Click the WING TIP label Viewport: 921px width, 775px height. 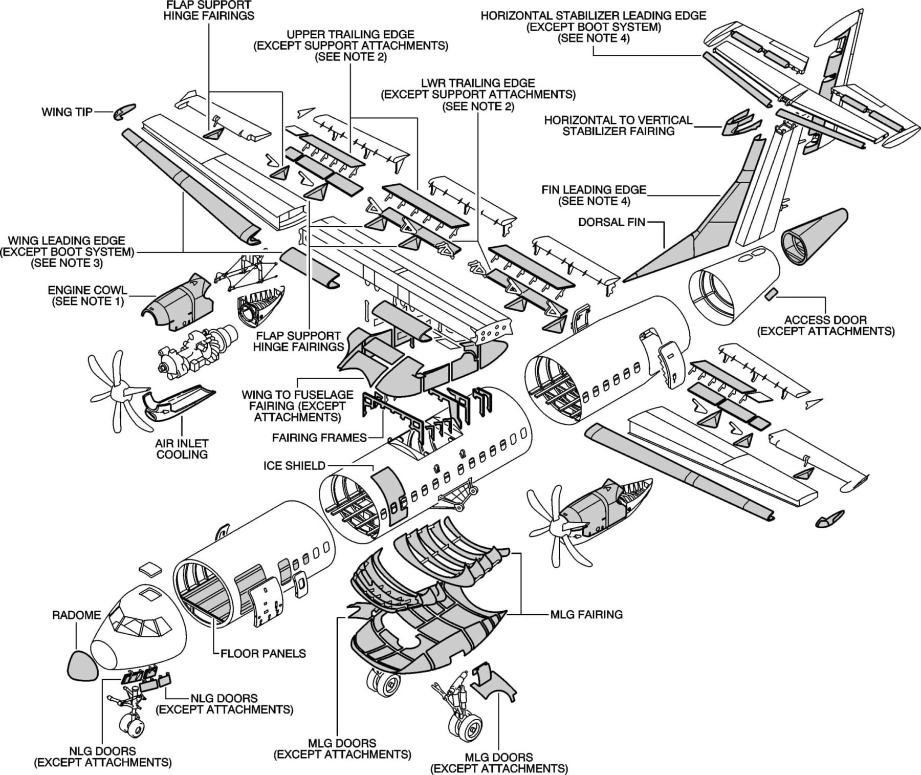click(67, 112)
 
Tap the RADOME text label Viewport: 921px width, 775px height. click(77, 615)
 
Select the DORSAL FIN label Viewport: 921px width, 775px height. click(611, 222)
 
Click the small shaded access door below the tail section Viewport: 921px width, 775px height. click(771, 294)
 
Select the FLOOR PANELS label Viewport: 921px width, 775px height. click(263, 653)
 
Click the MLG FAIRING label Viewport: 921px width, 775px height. click(586, 614)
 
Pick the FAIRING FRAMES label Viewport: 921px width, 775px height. click(319, 438)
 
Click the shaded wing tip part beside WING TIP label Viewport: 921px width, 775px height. click(124, 111)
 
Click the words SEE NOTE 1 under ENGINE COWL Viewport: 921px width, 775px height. click(87, 301)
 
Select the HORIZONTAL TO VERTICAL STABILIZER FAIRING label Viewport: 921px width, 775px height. click(618, 125)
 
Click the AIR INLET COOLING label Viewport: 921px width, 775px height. click(182, 448)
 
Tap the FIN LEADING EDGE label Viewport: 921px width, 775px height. click(594, 195)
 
